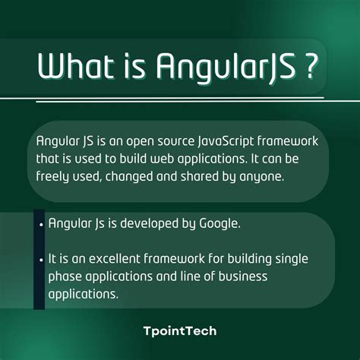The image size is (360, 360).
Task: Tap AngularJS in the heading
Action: (x=223, y=67)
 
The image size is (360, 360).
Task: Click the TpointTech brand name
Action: (x=179, y=330)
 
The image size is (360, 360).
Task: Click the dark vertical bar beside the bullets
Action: (x=39, y=258)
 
